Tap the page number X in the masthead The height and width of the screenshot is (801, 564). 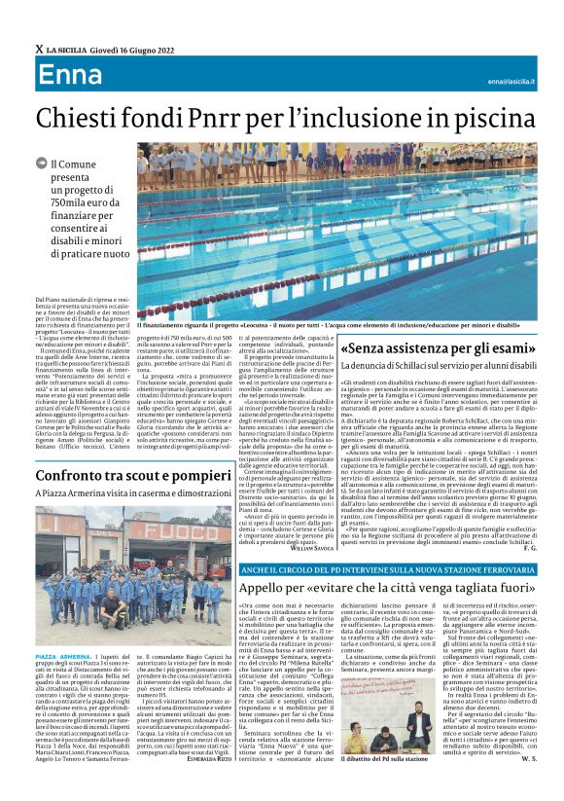(39, 49)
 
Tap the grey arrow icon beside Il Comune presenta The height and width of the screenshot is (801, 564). (41, 166)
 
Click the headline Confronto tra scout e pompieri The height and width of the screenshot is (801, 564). (134, 475)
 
